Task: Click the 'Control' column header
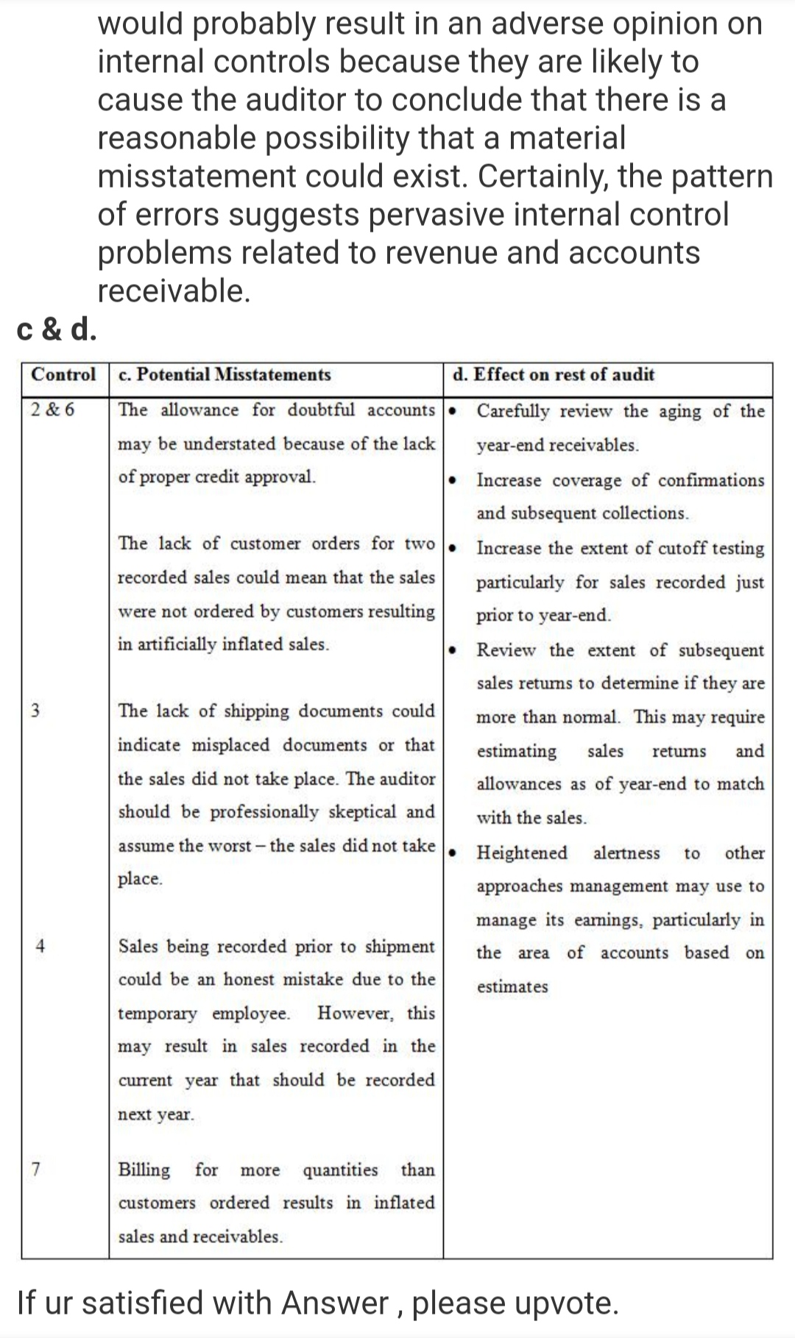point(64,374)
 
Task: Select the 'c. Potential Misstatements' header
point(225,374)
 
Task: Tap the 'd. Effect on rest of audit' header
point(554,374)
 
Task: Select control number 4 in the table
point(40,947)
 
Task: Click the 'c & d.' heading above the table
point(57,330)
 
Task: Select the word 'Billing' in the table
point(144,1170)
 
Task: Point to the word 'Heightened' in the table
point(522,853)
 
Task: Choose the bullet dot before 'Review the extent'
point(453,650)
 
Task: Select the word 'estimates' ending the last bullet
point(512,986)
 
